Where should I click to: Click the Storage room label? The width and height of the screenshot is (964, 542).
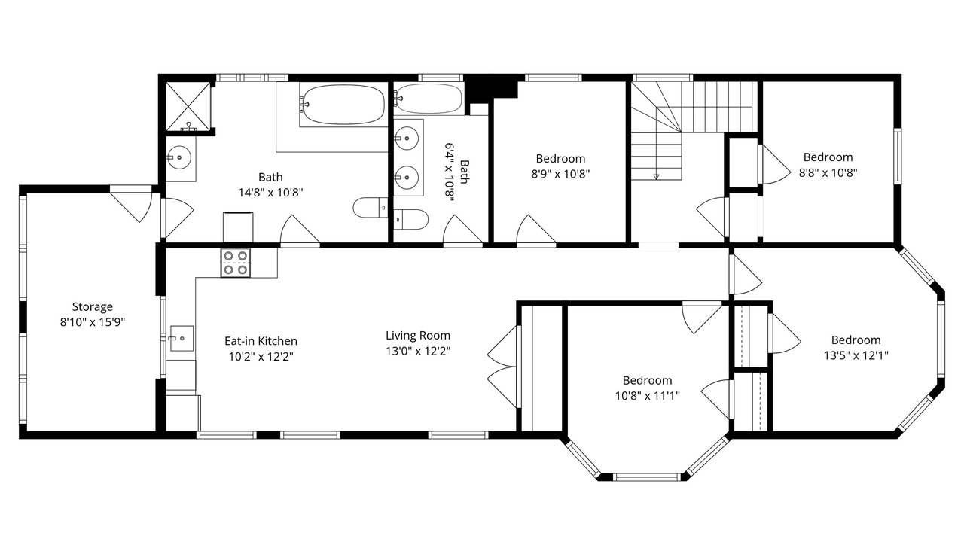[93, 306]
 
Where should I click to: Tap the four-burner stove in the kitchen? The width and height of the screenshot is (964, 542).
[236, 263]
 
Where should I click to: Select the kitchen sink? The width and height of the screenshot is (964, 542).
[182, 339]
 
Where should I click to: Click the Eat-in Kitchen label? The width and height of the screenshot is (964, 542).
[261, 341]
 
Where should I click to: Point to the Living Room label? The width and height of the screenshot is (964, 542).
[418, 336]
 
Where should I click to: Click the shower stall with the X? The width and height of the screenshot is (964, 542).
[189, 106]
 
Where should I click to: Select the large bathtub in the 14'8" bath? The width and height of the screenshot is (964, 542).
[343, 105]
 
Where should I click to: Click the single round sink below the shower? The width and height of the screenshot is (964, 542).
[179, 157]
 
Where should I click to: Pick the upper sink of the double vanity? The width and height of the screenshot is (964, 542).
[406, 139]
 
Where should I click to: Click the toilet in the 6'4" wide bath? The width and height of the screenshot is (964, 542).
[411, 220]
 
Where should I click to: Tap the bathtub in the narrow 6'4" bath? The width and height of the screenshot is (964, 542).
[429, 99]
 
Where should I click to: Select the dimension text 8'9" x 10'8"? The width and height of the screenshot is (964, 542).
[561, 174]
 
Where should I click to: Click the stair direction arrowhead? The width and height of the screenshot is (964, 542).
[656, 176]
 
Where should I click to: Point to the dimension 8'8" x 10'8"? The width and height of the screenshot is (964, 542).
[828, 173]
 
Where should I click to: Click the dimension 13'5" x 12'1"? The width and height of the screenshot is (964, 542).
[856, 356]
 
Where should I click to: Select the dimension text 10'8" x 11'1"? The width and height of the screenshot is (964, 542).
[648, 396]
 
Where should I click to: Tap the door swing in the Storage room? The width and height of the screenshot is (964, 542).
[131, 206]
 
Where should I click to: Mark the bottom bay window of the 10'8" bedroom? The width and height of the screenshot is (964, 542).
[647, 477]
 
